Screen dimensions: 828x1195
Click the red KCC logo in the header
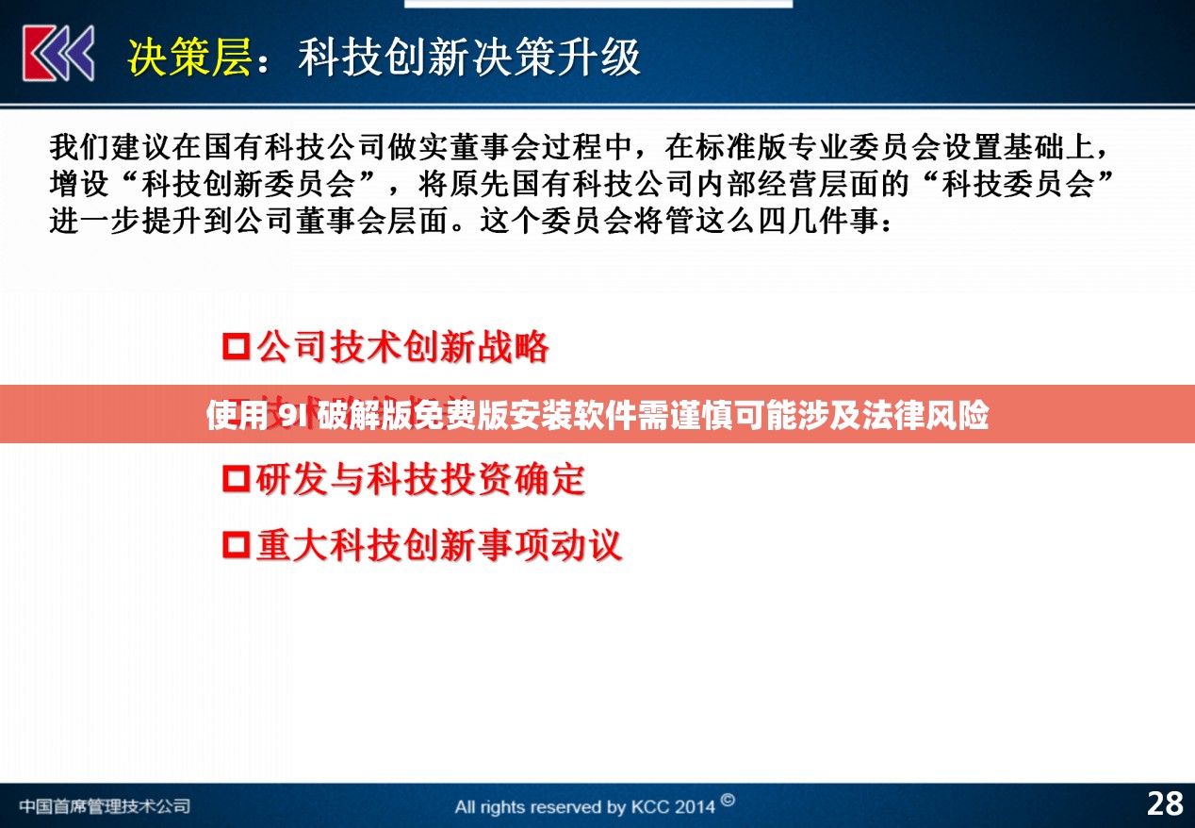coord(58,53)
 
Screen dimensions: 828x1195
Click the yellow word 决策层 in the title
coord(189,57)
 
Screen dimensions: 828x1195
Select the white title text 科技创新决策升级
coord(468,57)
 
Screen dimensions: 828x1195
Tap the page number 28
coord(1164,803)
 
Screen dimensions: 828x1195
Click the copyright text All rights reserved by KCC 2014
coord(584,806)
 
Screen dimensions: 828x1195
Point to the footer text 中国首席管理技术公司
coord(104,806)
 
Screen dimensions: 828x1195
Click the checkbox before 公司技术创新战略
coord(236,347)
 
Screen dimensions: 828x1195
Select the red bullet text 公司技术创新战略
coord(402,347)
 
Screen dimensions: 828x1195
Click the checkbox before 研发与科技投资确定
coord(236,479)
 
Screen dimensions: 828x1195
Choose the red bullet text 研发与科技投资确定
coord(420,479)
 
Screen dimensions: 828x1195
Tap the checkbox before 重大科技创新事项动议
coord(236,545)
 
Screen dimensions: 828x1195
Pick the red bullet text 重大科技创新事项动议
coord(438,545)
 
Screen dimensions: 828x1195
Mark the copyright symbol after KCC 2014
coord(728,802)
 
